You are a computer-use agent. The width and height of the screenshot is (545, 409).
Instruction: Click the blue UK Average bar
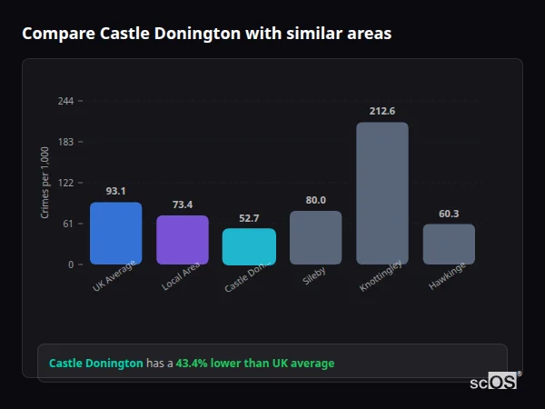click(x=115, y=234)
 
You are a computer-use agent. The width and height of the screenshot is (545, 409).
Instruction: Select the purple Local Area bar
click(x=183, y=240)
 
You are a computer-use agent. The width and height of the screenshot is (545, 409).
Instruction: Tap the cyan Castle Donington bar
click(x=249, y=246)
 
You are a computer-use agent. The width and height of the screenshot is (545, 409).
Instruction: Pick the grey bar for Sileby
click(x=315, y=238)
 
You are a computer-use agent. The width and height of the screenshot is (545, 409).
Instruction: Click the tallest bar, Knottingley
click(x=382, y=194)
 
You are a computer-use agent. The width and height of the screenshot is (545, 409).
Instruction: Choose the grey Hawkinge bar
click(x=449, y=244)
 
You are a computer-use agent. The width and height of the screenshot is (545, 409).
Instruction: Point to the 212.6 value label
click(x=382, y=111)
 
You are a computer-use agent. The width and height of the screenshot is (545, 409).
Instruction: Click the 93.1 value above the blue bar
click(x=115, y=191)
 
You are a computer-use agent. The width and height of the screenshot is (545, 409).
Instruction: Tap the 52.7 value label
click(x=249, y=218)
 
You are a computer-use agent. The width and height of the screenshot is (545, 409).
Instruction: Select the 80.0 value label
click(x=315, y=200)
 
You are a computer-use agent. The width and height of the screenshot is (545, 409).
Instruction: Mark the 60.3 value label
click(x=449, y=214)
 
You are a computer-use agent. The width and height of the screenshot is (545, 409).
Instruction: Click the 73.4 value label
click(x=183, y=204)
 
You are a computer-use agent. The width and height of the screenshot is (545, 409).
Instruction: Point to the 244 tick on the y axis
click(x=65, y=101)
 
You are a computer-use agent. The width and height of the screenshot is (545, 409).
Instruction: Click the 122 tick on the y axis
click(x=65, y=183)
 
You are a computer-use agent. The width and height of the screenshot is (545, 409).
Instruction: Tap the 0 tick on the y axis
click(x=70, y=264)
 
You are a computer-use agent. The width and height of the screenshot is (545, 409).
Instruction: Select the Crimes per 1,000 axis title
click(x=45, y=183)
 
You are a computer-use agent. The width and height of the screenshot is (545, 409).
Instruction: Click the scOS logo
click(x=494, y=382)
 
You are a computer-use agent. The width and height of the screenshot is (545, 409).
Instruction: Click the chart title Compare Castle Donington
click(x=206, y=34)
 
